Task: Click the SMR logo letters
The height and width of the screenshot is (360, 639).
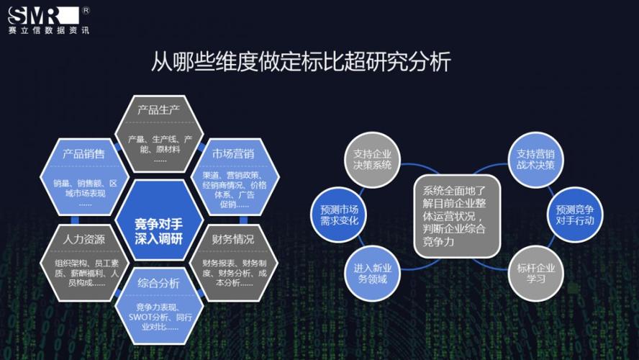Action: pyautogui.click(x=43, y=16)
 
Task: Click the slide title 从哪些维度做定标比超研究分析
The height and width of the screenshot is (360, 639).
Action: pyautogui.click(x=301, y=62)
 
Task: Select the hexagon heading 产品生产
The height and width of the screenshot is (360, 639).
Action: pyautogui.click(x=158, y=109)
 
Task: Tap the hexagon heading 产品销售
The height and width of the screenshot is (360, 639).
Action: pyautogui.click(x=84, y=153)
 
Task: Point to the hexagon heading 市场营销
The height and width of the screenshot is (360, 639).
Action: pyautogui.click(x=233, y=153)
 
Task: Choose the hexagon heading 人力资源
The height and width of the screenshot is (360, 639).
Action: pyautogui.click(x=84, y=239)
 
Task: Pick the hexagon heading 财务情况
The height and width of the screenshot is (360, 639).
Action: pyautogui.click(x=233, y=239)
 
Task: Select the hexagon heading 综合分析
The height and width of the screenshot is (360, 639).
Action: pyautogui.click(x=158, y=283)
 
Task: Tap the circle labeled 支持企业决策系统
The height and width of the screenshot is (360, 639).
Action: pyautogui.click(x=372, y=160)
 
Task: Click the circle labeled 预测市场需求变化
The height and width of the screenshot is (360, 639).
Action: pyautogui.click(x=339, y=215)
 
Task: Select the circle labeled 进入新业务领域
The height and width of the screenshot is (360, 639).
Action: pyautogui.click(x=372, y=273)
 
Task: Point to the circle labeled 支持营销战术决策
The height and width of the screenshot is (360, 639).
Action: pyautogui.click(x=535, y=160)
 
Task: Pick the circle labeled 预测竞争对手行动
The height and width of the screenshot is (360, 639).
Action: pyautogui.click(x=575, y=215)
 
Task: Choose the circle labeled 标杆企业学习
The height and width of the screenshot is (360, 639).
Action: pyautogui.click(x=535, y=273)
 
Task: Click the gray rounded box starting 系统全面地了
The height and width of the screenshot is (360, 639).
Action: pyautogui.click(x=457, y=217)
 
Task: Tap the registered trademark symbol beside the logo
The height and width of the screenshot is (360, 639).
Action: pyautogui.click(x=86, y=11)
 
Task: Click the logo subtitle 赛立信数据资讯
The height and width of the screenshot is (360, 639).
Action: pyautogui.click(x=48, y=30)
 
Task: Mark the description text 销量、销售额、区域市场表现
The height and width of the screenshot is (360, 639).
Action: pyautogui.click(x=85, y=189)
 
